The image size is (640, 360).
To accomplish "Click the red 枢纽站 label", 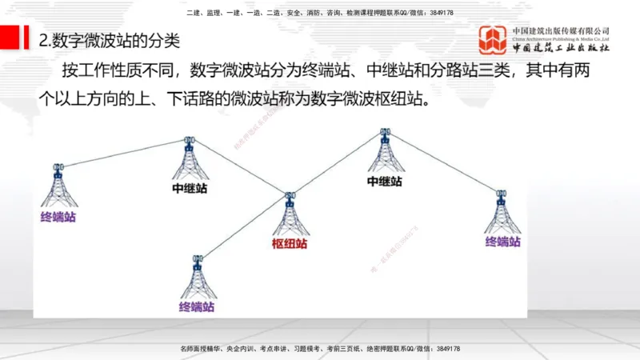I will tap(289, 244).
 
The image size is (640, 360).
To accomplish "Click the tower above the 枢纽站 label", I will tap(290, 214).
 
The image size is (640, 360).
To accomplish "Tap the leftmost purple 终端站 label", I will tap(58, 217).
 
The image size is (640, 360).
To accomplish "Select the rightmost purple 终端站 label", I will tap(502, 242).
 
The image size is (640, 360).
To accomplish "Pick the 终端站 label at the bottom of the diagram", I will tap(197, 306).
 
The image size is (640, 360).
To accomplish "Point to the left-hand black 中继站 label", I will tap(190, 189).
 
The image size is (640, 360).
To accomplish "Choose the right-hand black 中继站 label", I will tap(384, 182).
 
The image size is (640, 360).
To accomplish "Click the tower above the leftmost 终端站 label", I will tap(58, 188).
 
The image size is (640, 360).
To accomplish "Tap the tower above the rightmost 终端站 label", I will tap(502, 212).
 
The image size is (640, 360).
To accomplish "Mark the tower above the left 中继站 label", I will tap(190, 160).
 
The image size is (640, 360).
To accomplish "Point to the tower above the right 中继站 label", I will tap(385, 152).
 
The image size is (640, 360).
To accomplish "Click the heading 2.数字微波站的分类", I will tap(110, 41).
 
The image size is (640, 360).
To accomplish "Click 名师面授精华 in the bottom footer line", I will tap(202, 350).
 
